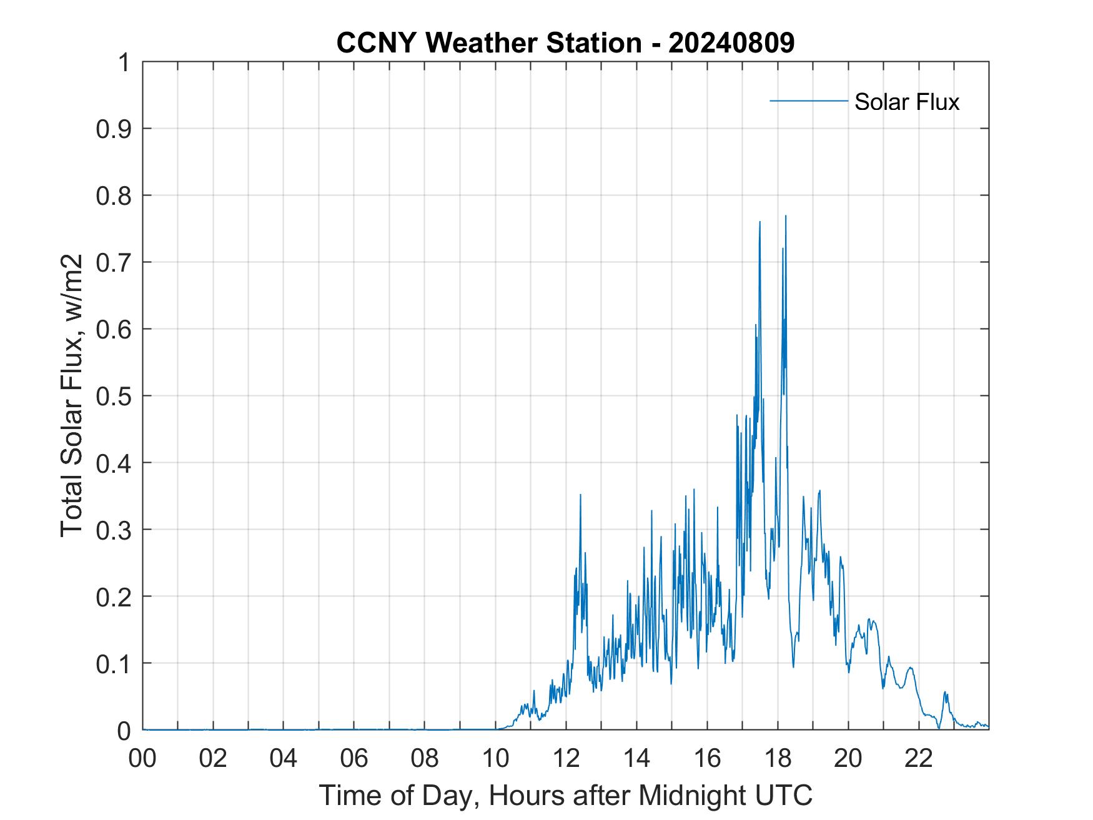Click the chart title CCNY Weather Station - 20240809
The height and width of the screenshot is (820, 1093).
point(565,43)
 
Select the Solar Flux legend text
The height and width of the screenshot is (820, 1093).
point(906,102)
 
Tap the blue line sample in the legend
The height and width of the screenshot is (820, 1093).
point(808,101)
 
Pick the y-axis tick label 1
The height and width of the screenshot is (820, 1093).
point(124,62)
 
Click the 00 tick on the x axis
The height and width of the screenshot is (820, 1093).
point(142,758)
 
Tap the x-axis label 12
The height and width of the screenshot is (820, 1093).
point(566,758)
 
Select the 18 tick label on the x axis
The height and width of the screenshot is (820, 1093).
point(778,758)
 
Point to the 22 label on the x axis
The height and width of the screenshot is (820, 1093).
point(919,758)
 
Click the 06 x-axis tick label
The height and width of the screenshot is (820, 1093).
point(354,758)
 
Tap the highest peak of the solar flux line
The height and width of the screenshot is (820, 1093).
point(785,216)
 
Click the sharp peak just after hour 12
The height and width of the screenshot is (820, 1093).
point(580,495)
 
